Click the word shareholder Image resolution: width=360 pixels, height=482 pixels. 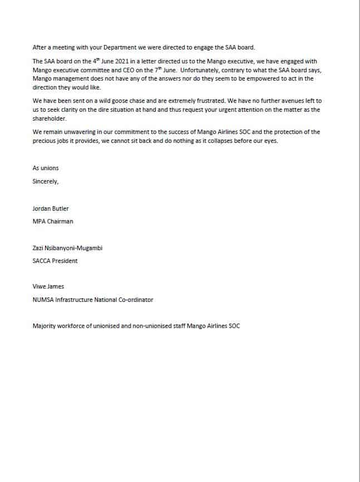[50, 118]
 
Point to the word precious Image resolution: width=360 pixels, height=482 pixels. [45, 141]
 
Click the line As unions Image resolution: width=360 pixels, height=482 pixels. [46, 168]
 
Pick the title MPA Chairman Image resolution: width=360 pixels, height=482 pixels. [53, 221]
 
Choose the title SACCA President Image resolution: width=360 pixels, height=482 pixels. [55, 261]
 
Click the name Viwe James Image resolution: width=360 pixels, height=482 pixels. [48, 287]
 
